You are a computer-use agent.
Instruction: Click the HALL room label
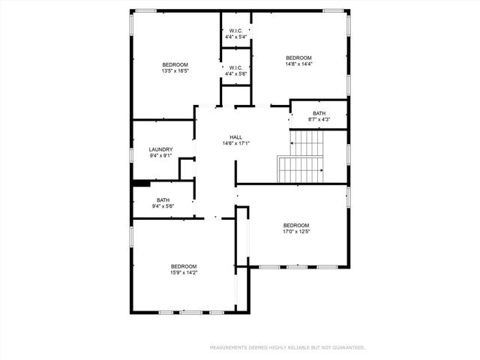(x=236, y=137)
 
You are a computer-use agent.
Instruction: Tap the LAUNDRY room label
(x=161, y=149)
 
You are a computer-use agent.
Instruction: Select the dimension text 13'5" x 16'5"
(x=175, y=71)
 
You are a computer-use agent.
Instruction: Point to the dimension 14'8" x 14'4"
(x=298, y=64)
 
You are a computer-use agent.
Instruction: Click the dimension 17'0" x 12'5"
(x=296, y=232)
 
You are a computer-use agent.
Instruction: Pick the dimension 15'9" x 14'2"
(x=184, y=273)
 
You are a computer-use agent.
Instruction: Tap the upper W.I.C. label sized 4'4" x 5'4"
(x=236, y=37)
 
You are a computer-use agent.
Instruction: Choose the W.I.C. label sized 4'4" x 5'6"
(x=236, y=73)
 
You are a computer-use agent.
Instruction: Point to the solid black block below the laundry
(x=142, y=181)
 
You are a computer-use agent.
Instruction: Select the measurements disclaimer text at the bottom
(x=287, y=348)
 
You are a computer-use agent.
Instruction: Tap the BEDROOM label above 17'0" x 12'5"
(x=296, y=225)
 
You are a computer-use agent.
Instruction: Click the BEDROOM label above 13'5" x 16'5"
(x=175, y=64)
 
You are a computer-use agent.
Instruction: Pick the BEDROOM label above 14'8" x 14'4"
(x=298, y=58)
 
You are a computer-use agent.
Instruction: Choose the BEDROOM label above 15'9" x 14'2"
(x=184, y=266)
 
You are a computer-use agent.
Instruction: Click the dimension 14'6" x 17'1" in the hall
(x=236, y=144)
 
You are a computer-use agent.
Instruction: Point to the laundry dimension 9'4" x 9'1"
(x=161, y=156)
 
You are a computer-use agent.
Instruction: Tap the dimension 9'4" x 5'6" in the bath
(x=163, y=206)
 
